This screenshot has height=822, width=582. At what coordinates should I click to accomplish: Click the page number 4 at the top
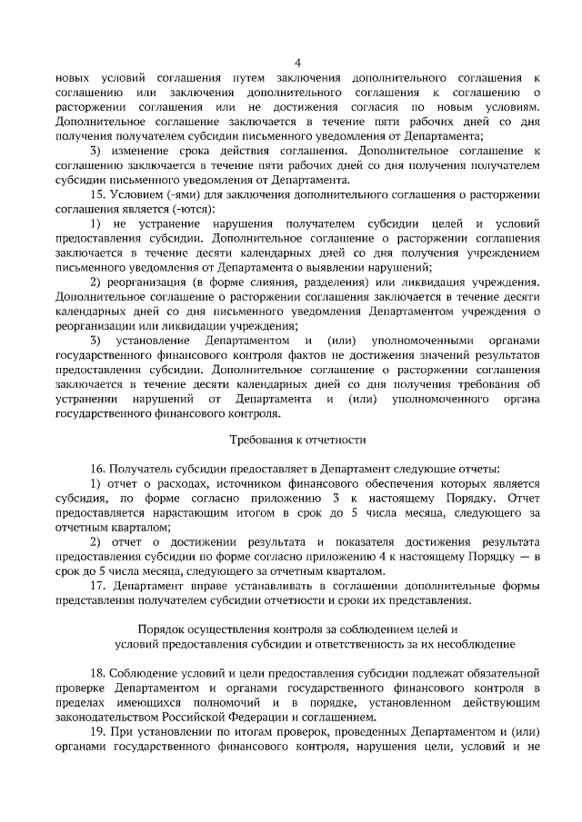click(x=296, y=62)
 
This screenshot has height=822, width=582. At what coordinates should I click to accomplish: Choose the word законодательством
click(x=111, y=716)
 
